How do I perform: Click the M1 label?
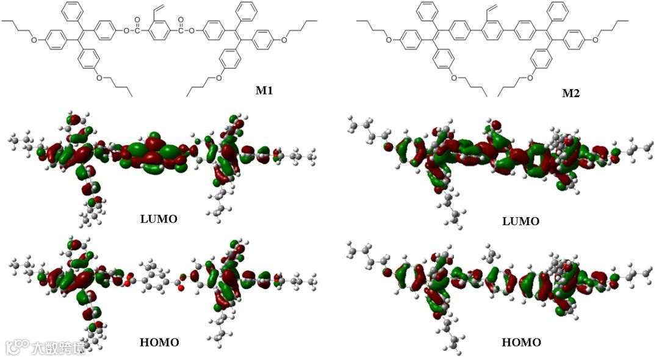(x=264, y=91)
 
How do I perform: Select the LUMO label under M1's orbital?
(x=159, y=218)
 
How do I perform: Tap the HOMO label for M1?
(x=159, y=342)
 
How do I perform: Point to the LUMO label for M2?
(x=520, y=221)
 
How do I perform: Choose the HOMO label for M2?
(x=521, y=342)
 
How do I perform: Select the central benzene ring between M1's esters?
(x=158, y=28)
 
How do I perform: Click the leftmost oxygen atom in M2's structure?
(x=388, y=41)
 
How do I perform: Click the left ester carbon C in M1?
(x=137, y=28)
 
